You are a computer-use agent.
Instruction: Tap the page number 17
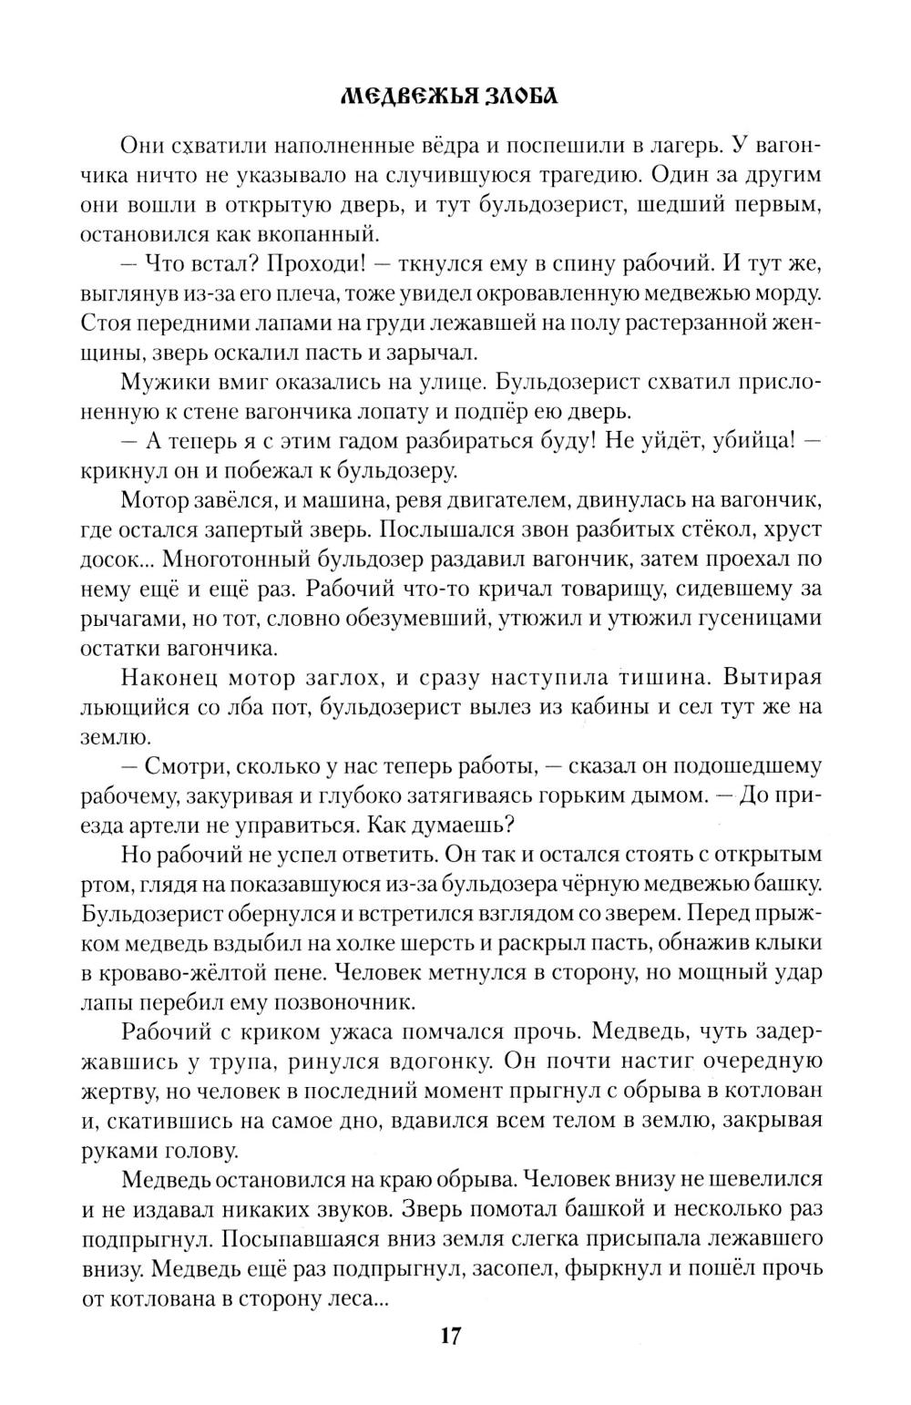tap(450, 1337)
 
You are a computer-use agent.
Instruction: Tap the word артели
tap(179, 826)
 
